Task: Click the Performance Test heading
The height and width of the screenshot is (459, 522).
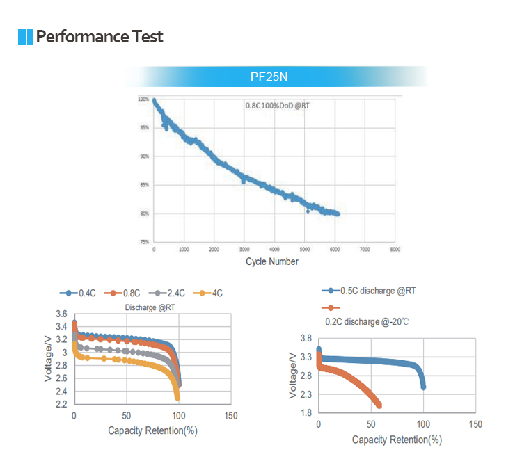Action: click(x=100, y=36)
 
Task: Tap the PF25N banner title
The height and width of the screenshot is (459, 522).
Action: click(x=269, y=76)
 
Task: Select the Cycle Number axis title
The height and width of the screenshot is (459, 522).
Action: click(x=272, y=262)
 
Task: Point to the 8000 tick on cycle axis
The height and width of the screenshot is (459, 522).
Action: click(x=395, y=248)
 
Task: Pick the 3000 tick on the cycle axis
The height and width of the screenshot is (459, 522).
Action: click(x=244, y=248)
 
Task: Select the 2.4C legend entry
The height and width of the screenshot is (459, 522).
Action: click(x=171, y=293)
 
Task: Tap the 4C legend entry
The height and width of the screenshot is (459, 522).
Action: click(x=212, y=293)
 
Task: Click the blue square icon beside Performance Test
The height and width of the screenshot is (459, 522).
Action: click(x=26, y=36)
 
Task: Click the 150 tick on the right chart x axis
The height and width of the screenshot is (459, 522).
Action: click(x=476, y=424)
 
